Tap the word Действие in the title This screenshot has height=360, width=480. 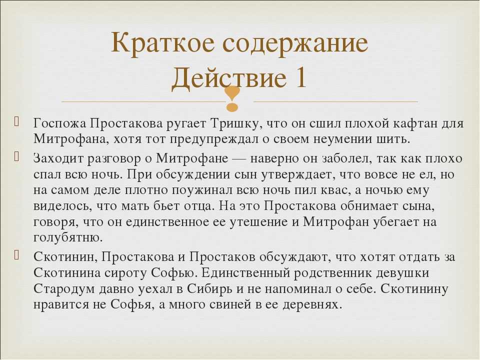point(229,77)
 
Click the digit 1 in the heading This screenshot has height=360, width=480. point(300,76)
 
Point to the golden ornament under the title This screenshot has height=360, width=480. point(232,98)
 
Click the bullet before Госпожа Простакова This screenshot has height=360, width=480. point(16,121)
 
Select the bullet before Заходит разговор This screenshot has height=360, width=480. point(16,156)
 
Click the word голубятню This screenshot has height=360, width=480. point(68,237)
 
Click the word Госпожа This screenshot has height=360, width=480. point(59,123)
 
